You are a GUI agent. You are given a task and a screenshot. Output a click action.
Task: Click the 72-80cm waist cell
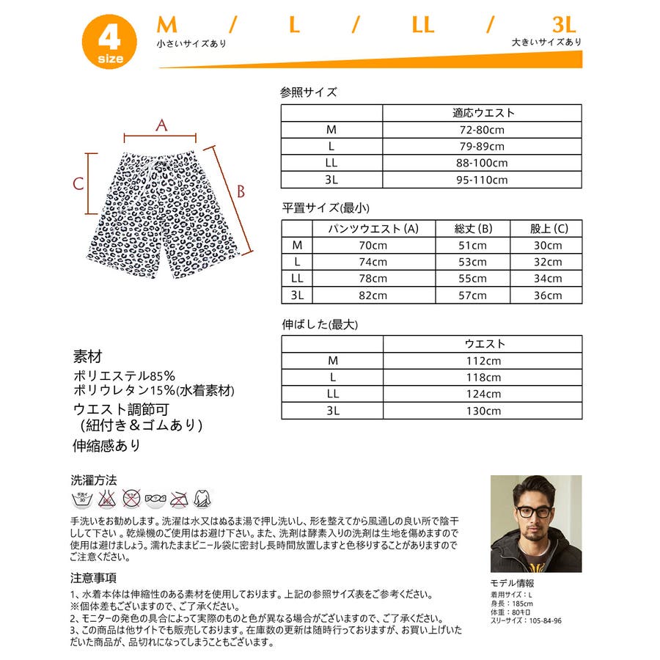point(482,130)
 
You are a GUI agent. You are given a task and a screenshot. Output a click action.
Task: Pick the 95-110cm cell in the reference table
point(482,180)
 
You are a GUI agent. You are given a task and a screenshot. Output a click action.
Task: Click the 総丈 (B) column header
point(472,229)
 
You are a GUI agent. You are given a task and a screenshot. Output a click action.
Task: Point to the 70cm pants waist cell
point(373,246)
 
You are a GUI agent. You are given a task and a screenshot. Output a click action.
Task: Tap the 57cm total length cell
point(472,296)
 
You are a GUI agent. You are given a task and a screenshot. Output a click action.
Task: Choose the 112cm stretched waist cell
point(482,361)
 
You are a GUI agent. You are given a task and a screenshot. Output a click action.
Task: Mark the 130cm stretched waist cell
point(482,411)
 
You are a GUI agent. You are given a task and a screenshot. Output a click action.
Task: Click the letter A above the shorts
point(161,125)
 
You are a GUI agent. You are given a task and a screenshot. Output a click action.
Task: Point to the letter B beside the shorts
point(240,191)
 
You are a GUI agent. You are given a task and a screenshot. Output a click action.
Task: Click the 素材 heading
point(87,357)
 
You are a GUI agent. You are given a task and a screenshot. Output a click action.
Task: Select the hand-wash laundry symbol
point(81,499)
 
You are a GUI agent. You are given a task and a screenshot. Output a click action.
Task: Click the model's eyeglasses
point(533,511)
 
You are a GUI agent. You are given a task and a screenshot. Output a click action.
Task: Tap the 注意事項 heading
point(93,578)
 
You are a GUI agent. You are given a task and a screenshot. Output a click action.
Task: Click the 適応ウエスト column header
point(482,113)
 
